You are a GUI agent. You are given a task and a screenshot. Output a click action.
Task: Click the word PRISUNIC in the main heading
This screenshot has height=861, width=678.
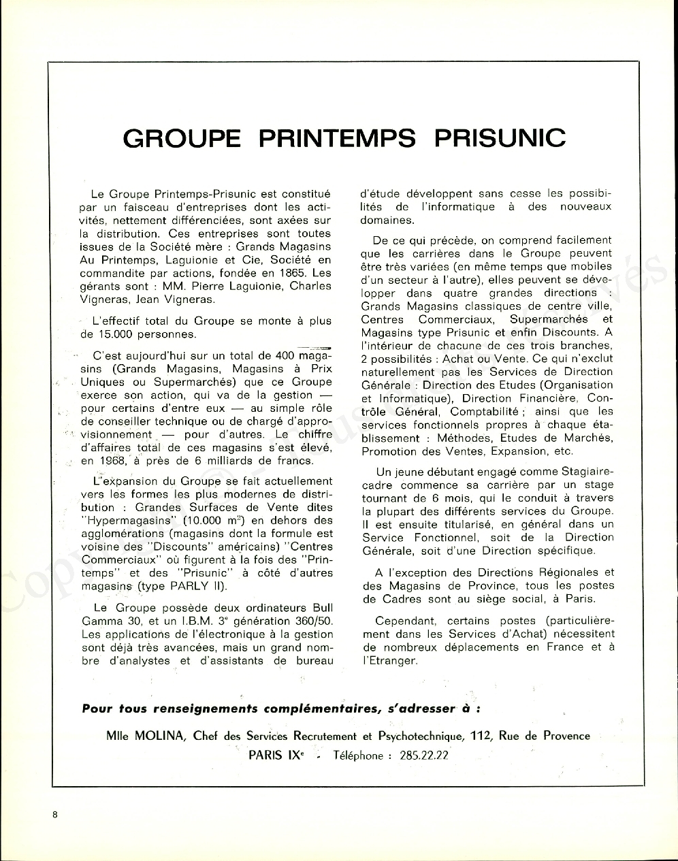pos(499,138)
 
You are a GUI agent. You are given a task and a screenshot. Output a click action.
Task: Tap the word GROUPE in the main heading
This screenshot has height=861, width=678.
pos(182,138)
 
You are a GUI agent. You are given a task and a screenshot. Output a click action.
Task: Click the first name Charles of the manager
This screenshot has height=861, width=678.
pos(310,286)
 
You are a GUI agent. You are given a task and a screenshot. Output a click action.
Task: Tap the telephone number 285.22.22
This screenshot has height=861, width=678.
pos(423,756)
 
